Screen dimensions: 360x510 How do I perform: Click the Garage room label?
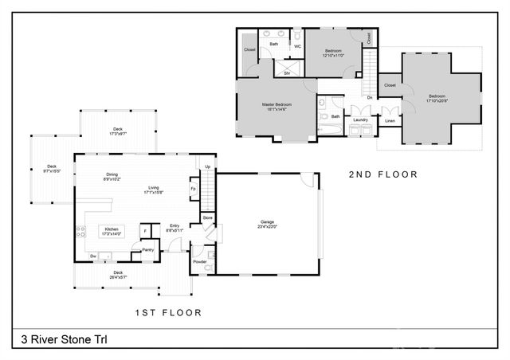(266, 221)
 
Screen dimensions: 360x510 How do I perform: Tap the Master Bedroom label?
(277, 104)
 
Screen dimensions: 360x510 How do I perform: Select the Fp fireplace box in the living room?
(194, 190)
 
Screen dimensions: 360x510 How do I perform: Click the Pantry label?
(147, 249)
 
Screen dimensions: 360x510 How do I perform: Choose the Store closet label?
(207, 217)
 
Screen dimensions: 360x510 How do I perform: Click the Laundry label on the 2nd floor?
(360, 119)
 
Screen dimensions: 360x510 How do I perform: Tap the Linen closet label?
(390, 120)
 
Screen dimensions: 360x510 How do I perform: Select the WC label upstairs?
(297, 46)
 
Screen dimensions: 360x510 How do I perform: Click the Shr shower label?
(287, 72)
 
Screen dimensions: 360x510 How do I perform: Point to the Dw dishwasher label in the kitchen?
(93, 255)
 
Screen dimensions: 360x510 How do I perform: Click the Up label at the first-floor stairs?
(207, 166)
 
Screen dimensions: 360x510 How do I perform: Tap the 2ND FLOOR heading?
(383, 173)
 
